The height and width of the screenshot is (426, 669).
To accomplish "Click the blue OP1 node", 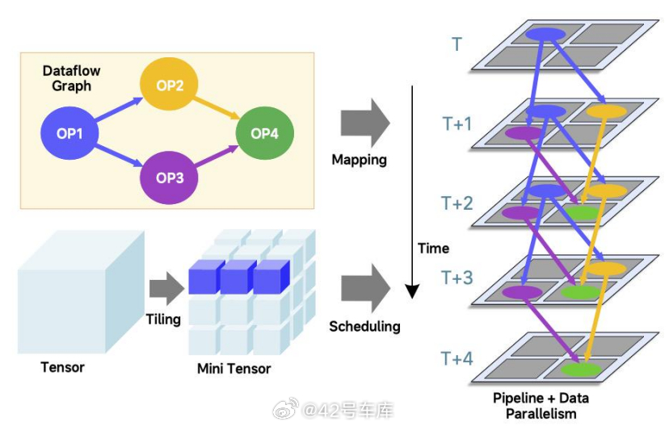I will pos(70,132).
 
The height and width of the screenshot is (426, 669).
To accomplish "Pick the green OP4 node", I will pos(264,132).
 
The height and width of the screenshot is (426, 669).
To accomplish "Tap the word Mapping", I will pos(359,160).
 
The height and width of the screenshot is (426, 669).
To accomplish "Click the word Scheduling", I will pos(364,326).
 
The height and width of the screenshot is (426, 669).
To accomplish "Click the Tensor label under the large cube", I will pos(62,367).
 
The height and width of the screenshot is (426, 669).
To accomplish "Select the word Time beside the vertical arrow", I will pos(433,248).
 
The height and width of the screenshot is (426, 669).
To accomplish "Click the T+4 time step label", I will pos(457,358).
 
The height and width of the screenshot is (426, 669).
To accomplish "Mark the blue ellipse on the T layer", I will pos(545,35).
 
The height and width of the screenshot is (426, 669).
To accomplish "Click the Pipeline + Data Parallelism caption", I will pos(541,406).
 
